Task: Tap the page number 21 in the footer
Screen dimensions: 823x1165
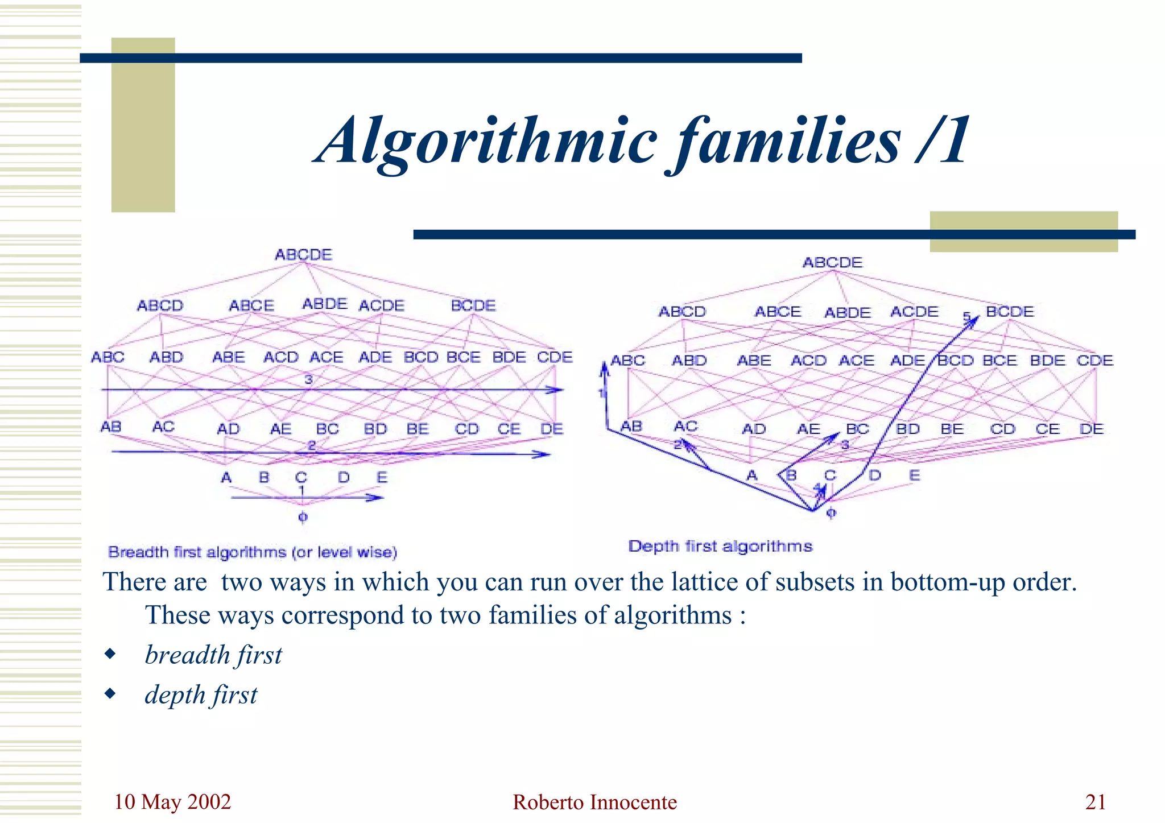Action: [1096, 802]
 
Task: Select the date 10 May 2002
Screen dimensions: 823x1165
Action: [172, 802]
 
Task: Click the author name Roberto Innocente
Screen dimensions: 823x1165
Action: [594, 803]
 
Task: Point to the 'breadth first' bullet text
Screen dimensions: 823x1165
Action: [213, 655]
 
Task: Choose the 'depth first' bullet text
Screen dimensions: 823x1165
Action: [201, 695]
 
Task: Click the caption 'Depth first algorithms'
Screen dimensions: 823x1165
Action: [720, 547]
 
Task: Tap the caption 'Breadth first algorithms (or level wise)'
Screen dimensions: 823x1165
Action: [253, 552]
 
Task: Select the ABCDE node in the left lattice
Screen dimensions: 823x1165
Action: [303, 255]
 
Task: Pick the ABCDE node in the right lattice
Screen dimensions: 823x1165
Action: [833, 263]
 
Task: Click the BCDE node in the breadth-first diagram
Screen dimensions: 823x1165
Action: [473, 306]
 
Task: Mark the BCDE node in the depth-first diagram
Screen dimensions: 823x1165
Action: [1010, 312]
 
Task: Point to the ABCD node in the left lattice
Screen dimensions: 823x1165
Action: [160, 306]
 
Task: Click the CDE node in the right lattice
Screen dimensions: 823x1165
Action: [1095, 361]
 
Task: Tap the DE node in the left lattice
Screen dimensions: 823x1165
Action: [552, 429]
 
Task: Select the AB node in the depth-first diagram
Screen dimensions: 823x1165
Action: [631, 427]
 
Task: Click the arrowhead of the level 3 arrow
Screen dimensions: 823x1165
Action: [557, 390]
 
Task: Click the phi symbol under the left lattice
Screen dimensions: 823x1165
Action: [303, 517]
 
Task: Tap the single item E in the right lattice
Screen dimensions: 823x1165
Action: [914, 475]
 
